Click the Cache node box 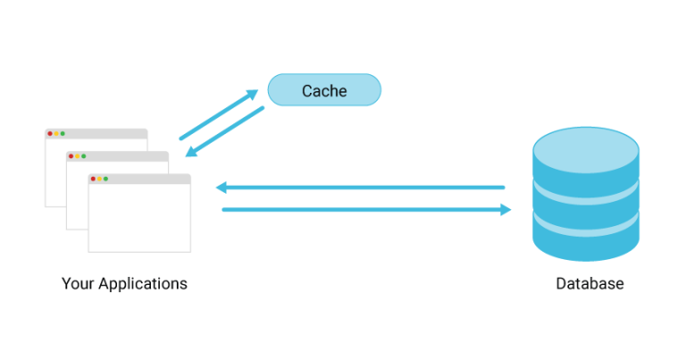coord(324,90)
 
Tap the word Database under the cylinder coord(590,284)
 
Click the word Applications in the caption coord(143,284)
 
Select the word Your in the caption coord(78,284)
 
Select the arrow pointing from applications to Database coord(366,210)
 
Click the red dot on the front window coord(92,179)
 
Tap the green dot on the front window coord(106,179)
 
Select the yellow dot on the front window coord(99,179)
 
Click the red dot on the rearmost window coord(49,133)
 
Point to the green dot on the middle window coord(84,156)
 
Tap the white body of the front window coord(139,219)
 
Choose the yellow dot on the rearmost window coord(56,133)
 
